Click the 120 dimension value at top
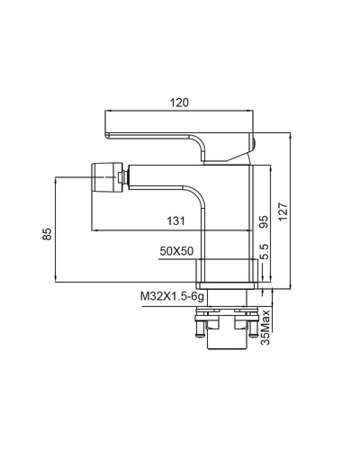click(x=180, y=103)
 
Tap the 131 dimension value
click(x=176, y=221)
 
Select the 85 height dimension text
click(x=47, y=234)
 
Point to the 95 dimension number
click(x=264, y=221)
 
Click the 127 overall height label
click(x=283, y=211)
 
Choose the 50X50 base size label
click(x=176, y=251)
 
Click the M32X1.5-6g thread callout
click(x=173, y=297)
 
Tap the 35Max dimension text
click(x=265, y=327)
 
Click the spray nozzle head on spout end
click(x=106, y=177)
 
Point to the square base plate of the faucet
click(x=227, y=285)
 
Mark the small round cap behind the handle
click(x=253, y=143)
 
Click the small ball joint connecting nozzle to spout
click(x=123, y=177)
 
